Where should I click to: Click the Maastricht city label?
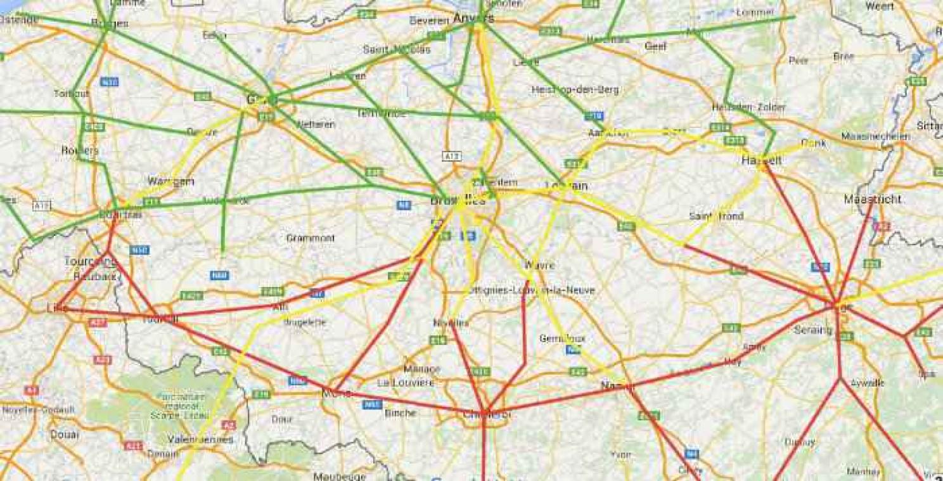click(872, 199)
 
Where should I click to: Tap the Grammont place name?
click(311, 238)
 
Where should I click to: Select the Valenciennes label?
click(201, 439)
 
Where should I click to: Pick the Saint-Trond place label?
click(716, 217)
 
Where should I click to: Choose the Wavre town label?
click(539, 265)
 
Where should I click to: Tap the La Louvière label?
click(406, 383)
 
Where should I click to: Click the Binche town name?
click(401, 413)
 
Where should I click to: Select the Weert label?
click(880, 6)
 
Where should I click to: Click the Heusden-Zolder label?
click(748, 107)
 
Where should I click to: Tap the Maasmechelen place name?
click(876, 136)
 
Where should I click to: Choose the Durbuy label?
click(799, 442)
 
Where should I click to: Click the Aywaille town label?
click(868, 383)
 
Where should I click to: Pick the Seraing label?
click(813, 330)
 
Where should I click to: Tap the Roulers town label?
click(80, 151)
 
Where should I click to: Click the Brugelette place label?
click(305, 322)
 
